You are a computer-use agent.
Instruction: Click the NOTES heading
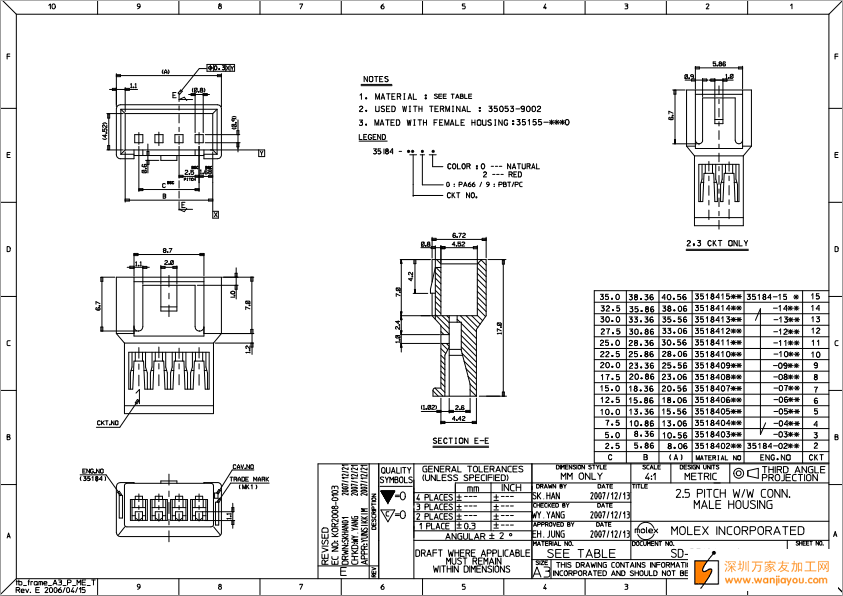click(x=375, y=79)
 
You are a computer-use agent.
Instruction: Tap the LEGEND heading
click(x=372, y=137)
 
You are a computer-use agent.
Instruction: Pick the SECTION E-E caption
click(x=460, y=441)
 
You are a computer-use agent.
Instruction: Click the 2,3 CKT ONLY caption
click(x=716, y=243)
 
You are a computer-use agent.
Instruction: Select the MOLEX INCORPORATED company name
click(x=737, y=530)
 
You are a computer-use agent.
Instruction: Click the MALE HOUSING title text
click(x=734, y=507)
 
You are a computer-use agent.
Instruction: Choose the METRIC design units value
click(x=700, y=477)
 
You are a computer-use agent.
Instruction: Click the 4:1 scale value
click(x=651, y=477)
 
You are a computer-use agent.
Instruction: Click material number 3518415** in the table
click(x=718, y=297)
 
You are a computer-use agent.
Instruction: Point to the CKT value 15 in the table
click(x=816, y=297)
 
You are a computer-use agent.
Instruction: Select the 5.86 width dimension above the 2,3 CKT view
click(x=719, y=64)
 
